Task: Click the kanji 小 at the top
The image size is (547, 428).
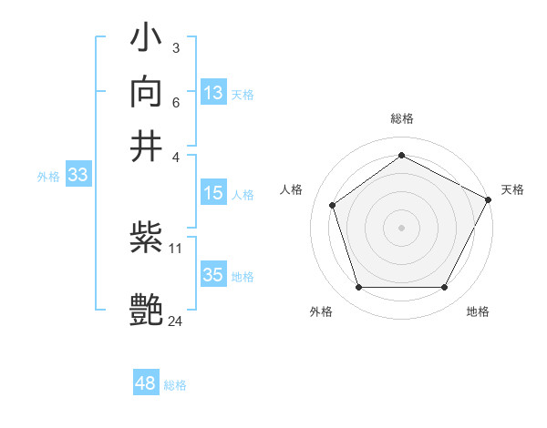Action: pyautogui.click(x=147, y=39)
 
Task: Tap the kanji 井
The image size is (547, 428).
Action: pyautogui.click(x=147, y=145)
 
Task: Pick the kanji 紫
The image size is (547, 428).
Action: pyautogui.click(x=147, y=239)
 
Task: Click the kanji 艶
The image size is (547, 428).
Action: pyautogui.click(x=147, y=309)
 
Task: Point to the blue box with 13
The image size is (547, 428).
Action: pyautogui.click(x=213, y=93)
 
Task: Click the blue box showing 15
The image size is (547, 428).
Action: pyautogui.click(x=213, y=193)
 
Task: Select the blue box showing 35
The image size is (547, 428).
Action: pyautogui.click(x=213, y=275)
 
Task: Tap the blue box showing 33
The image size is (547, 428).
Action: pyautogui.click(x=77, y=176)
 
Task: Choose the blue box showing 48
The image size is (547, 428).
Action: pyautogui.click(x=146, y=383)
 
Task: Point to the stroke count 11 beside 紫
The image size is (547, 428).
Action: pyautogui.click(x=176, y=247)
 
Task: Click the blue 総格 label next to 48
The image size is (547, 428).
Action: pyautogui.click(x=175, y=385)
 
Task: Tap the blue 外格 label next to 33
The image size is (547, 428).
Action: pyautogui.click(x=47, y=177)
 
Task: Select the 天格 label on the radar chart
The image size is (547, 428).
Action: pyautogui.click(x=512, y=189)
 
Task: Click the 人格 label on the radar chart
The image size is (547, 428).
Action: pyautogui.click(x=291, y=189)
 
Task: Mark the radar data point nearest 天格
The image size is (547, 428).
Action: pyautogui.click(x=490, y=199)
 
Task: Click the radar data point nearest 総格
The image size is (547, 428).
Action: pyautogui.click(x=401, y=156)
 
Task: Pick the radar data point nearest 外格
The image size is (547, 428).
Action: pyautogui.click(x=358, y=288)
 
